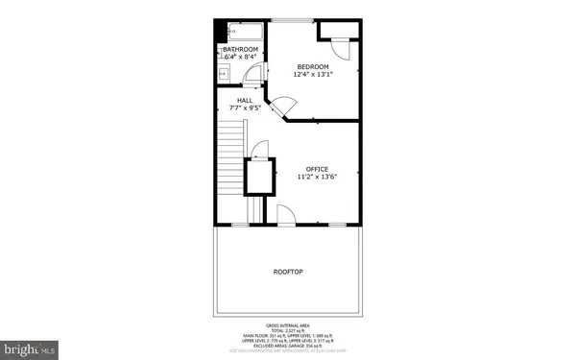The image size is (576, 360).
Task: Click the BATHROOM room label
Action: click(241, 49)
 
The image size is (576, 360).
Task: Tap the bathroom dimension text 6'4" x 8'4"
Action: click(241, 58)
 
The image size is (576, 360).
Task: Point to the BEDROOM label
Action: click(312, 66)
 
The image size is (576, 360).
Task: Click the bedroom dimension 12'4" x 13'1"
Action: click(312, 75)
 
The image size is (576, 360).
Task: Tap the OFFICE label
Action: click(317, 169)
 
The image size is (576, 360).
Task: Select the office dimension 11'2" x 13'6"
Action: click(317, 178)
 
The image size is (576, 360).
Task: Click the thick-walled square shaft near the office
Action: click(258, 179)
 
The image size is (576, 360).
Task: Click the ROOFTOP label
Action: click(288, 273)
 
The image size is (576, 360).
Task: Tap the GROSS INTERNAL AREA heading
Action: click(288, 326)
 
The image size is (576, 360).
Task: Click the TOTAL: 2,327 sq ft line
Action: click(288, 331)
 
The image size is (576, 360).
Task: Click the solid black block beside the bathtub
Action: click(219, 29)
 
